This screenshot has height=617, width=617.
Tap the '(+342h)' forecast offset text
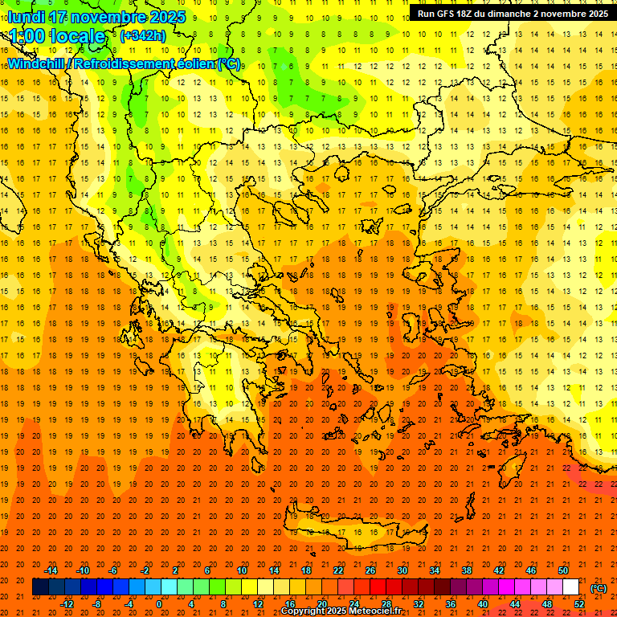[142, 35]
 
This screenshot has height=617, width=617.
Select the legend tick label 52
[579, 604]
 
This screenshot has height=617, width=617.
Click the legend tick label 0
[158, 604]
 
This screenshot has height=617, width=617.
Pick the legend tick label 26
[370, 570]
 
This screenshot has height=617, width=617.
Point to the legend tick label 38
[467, 570]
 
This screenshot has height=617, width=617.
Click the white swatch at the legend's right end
[571, 587]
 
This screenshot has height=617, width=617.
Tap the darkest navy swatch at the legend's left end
[40, 587]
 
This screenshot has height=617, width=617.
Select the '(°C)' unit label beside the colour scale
[599, 588]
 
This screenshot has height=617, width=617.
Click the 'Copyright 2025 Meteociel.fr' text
[341, 611]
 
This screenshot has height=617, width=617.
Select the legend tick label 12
[258, 604]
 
